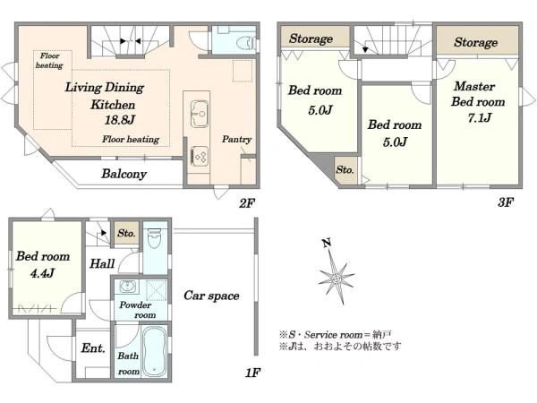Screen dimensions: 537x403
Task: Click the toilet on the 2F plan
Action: point(246,43)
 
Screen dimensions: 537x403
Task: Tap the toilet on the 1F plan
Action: point(154,237)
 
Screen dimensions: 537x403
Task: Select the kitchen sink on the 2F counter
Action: point(199,114)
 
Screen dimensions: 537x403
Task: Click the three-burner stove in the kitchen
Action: point(200,156)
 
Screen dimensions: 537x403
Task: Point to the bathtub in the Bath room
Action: point(154,351)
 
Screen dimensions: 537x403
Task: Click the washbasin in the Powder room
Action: point(128,287)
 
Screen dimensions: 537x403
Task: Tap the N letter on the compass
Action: point(327,243)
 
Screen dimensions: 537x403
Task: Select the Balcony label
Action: point(124,174)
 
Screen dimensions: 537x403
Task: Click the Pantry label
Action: point(236,139)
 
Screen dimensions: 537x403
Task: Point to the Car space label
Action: point(211,296)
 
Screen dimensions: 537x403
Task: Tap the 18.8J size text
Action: point(120,120)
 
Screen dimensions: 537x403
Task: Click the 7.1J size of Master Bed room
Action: point(480,118)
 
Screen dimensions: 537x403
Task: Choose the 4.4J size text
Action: point(42,273)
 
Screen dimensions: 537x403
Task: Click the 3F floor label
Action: point(506,202)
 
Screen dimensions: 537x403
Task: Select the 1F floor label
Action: point(252,373)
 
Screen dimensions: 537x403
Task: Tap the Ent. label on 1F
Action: point(93,348)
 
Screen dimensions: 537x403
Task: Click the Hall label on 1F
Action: point(102,263)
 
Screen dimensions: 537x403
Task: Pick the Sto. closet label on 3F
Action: point(345,169)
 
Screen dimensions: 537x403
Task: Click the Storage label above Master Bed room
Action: point(476,42)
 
